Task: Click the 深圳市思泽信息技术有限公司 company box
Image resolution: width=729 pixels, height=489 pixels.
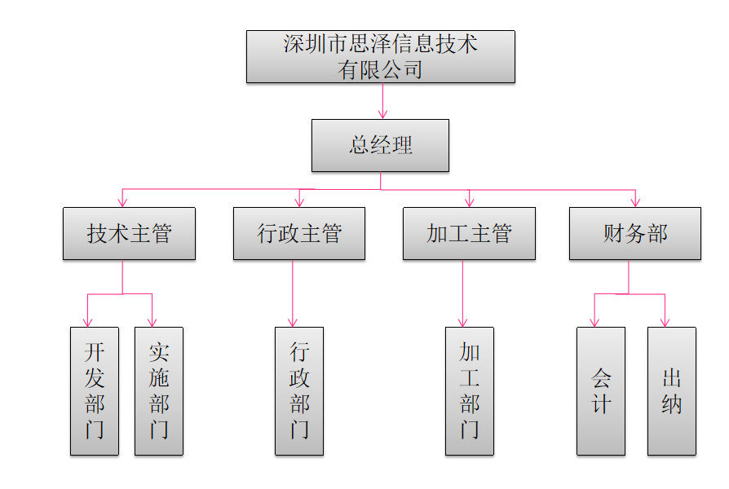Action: point(380,56)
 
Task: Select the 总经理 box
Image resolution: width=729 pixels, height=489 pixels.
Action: point(380,145)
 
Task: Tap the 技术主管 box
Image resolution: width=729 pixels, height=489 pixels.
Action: point(129,234)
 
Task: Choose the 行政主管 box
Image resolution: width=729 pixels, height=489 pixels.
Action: point(299,234)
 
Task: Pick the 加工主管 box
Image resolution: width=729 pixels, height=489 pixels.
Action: point(469,234)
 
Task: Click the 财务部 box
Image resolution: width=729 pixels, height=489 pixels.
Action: point(634,234)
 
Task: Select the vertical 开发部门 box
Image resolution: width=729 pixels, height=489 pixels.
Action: point(95,391)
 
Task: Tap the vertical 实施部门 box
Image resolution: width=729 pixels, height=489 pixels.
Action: point(159,391)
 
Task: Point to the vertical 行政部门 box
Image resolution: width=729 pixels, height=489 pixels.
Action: point(299,391)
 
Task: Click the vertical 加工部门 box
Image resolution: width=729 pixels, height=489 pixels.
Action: point(469,391)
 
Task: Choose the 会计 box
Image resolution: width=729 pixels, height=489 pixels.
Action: point(601,391)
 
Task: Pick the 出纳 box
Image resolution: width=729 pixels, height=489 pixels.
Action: point(672,391)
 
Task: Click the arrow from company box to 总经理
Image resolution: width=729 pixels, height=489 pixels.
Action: point(382,101)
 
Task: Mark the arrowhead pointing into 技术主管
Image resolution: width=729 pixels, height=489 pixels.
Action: point(123,201)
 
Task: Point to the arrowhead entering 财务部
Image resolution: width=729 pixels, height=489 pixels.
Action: point(635,201)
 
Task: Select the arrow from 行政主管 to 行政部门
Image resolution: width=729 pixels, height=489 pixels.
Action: point(293,293)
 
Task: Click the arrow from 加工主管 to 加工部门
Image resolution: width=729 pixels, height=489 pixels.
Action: point(462,293)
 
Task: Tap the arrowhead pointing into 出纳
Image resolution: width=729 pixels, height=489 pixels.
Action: point(665,321)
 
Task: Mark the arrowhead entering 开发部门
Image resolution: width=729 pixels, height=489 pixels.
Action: point(87,321)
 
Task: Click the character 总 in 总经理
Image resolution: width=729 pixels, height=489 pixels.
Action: point(360,146)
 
